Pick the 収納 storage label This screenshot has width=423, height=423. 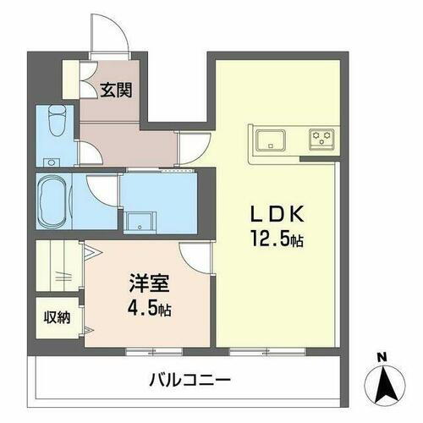pos(58,318)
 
